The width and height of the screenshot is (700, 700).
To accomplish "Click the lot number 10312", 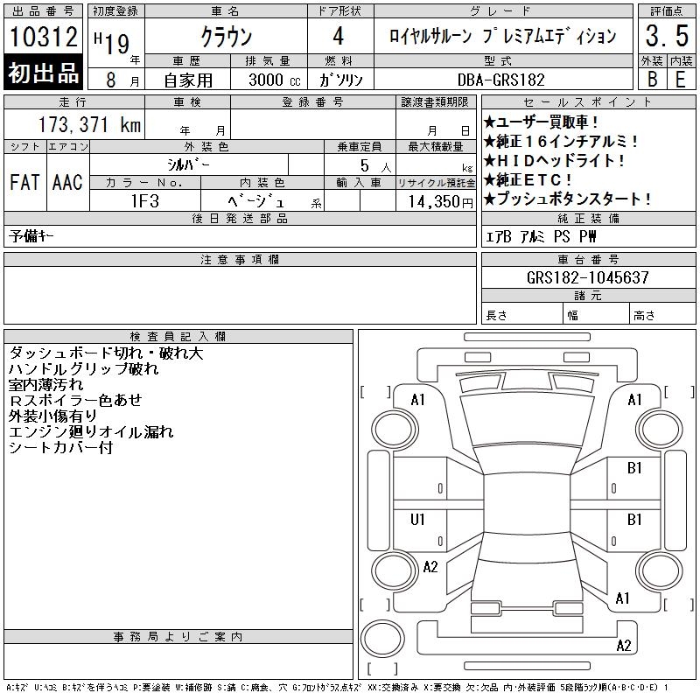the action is (43, 36).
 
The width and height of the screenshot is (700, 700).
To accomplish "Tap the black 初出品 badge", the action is (43, 73).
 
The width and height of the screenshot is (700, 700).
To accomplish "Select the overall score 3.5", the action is (667, 36).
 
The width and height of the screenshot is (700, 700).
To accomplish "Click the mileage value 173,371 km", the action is (89, 124).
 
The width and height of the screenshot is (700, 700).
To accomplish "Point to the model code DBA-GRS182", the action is (501, 80).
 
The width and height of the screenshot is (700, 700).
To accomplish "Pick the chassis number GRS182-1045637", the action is (587, 277).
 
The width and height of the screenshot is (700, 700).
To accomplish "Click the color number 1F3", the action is (145, 201).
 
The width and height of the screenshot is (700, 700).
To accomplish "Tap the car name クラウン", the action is (227, 36).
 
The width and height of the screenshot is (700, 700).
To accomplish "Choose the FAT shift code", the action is (25, 182).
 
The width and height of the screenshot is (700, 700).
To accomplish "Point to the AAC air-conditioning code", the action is (68, 182).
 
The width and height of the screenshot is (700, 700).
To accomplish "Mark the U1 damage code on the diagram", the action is (417, 520).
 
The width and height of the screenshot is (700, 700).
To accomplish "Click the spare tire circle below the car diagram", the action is (382, 639).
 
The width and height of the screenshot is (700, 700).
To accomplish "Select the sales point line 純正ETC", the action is (528, 180).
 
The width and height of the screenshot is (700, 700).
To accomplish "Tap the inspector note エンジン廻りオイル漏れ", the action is (91, 431).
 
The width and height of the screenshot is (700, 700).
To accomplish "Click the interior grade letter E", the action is (681, 80).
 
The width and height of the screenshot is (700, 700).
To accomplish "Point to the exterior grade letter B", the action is (652, 80).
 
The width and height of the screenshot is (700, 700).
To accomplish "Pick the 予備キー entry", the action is (31, 235).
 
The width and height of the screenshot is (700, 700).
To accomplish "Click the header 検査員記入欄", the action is (178, 337).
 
